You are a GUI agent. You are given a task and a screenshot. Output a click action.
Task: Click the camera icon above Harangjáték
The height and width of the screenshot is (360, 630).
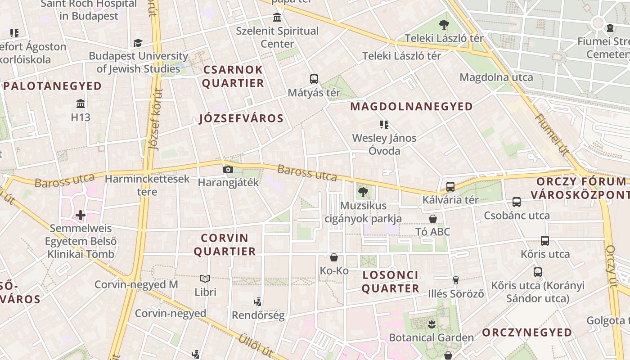[x=228, y=170]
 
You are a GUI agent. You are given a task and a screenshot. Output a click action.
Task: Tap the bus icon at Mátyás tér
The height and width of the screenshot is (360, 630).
[x=314, y=79]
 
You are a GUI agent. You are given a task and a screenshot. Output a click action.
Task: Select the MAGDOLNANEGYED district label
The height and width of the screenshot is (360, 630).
[x=411, y=107]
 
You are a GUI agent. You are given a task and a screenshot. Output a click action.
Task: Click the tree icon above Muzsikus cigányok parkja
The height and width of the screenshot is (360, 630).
[x=363, y=193]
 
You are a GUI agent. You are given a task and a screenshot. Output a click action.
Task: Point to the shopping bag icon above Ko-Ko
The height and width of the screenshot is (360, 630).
[x=334, y=257]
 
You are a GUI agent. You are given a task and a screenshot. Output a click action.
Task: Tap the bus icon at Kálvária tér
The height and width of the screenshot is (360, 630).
[x=450, y=187]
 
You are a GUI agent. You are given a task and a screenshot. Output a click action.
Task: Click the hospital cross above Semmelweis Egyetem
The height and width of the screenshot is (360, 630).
[x=81, y=215]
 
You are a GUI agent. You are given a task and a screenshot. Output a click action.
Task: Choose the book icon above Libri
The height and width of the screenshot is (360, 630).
[x=205, y=279]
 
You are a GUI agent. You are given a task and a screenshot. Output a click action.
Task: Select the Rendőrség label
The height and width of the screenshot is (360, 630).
[x=258, y=315]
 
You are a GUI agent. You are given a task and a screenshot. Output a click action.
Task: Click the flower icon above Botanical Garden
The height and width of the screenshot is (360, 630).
[x=431, y=324]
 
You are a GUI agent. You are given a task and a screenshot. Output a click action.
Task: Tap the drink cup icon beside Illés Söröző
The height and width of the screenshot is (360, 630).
[x=455, y=280]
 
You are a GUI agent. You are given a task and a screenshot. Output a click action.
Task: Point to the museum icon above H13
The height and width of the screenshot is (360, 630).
[x=81, y=104]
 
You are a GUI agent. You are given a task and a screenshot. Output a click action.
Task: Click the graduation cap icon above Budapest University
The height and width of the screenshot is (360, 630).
[x=138, y=43]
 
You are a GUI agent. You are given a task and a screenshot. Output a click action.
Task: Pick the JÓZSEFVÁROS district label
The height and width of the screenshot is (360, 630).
[x=241, y=119]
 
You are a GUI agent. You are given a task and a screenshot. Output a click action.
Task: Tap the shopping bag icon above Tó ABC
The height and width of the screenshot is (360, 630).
[x=432, y=219]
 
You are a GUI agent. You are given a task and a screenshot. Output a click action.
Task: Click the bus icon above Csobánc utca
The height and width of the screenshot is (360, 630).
[x=517, y=202]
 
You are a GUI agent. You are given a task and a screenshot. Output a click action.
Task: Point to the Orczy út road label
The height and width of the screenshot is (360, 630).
[x=611, y=265]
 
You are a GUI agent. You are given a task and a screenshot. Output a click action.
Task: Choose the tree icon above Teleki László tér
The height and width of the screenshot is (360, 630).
[x=444, y=25]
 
